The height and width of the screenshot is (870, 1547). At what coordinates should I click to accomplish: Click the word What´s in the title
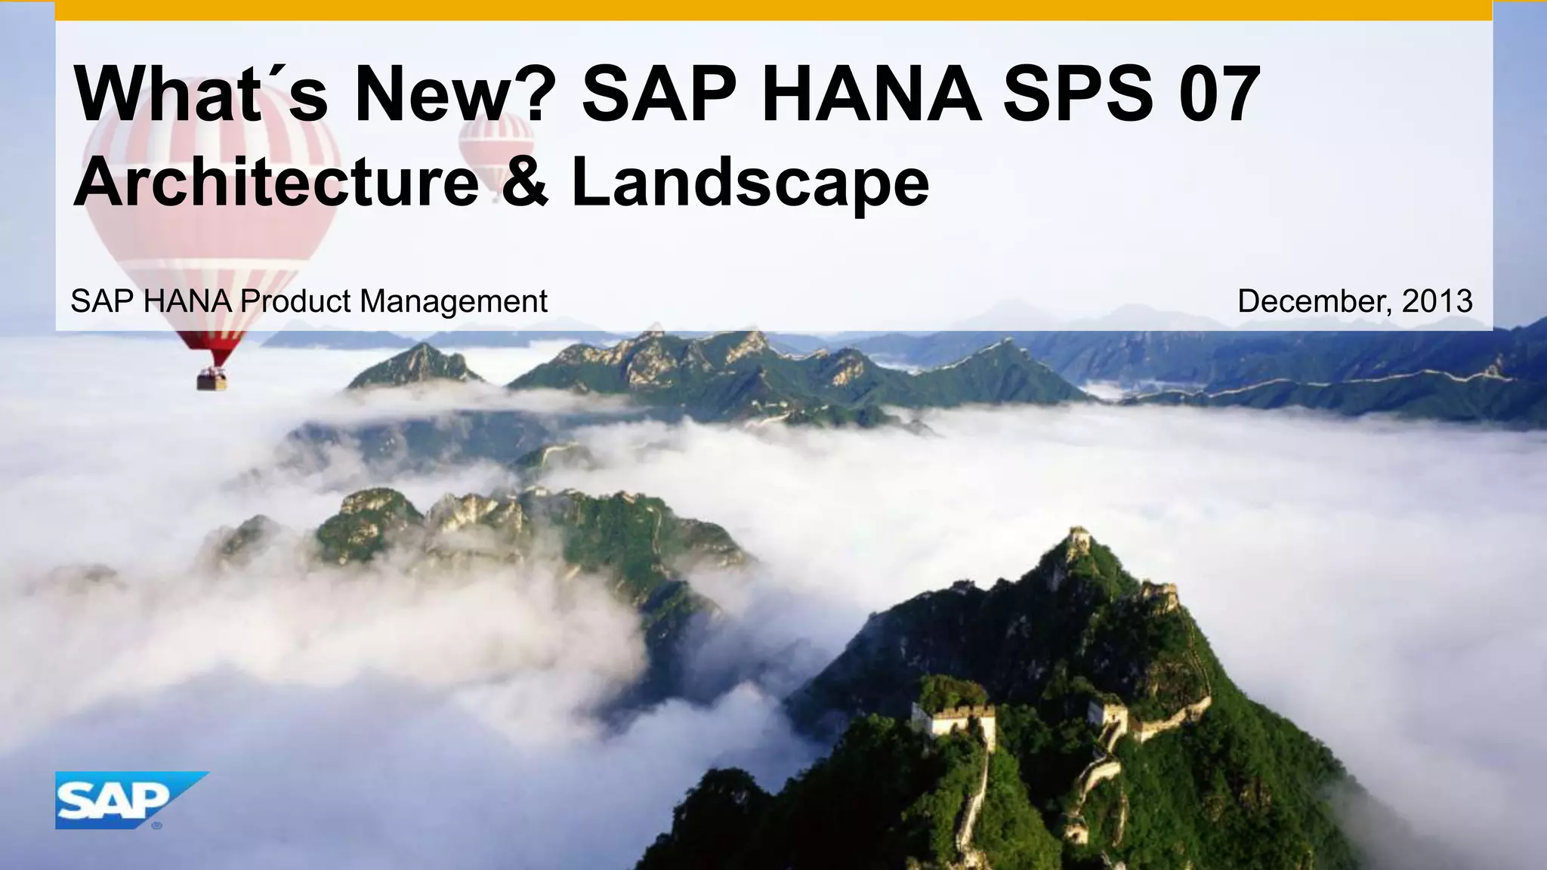coord(201,94)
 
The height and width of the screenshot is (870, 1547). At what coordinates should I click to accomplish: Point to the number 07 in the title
coord(1221,94)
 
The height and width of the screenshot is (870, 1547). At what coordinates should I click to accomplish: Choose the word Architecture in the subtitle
coord(276,182)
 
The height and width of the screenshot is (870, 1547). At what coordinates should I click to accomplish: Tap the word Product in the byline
coord(295,301)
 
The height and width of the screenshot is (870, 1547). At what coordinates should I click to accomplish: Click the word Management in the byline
coord(453,301)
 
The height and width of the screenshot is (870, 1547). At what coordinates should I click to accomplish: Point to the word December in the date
coord(1314,301)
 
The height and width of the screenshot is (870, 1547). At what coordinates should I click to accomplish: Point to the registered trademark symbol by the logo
coord(156,825)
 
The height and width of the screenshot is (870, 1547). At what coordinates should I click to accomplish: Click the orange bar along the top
coord(773,10)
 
